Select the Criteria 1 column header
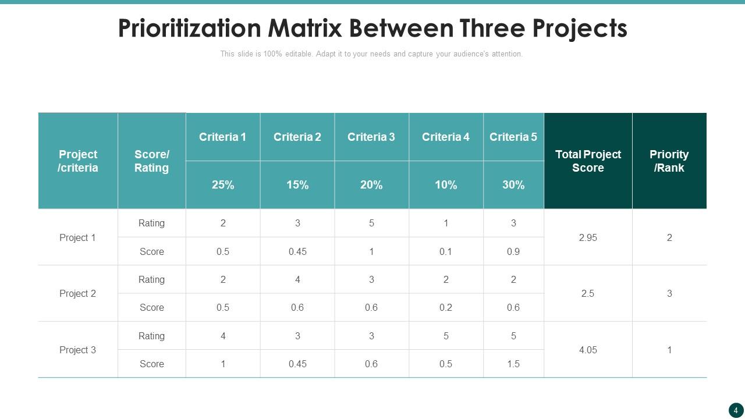click(222, 137)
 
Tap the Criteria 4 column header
click(446, 137)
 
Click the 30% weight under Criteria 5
click(513, 185)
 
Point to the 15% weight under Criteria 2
click(297, 185)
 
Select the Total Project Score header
click(588, 161)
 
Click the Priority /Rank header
click(669, 161)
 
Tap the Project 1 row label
click(77, 237)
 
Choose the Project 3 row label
click(77, 350)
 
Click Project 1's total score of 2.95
click(588, 237)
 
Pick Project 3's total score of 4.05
click(588, 350)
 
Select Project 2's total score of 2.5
click(588, 293)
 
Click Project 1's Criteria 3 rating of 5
click(371, 223)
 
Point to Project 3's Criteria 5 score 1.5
click(513, 364)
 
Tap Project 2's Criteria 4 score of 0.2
click(446, 307)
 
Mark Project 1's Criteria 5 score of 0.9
click(513, 251)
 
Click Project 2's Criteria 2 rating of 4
click(297, 279)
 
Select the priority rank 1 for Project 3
click(669, 350)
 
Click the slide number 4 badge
click(736, 410)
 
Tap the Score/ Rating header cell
click(151, 161)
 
